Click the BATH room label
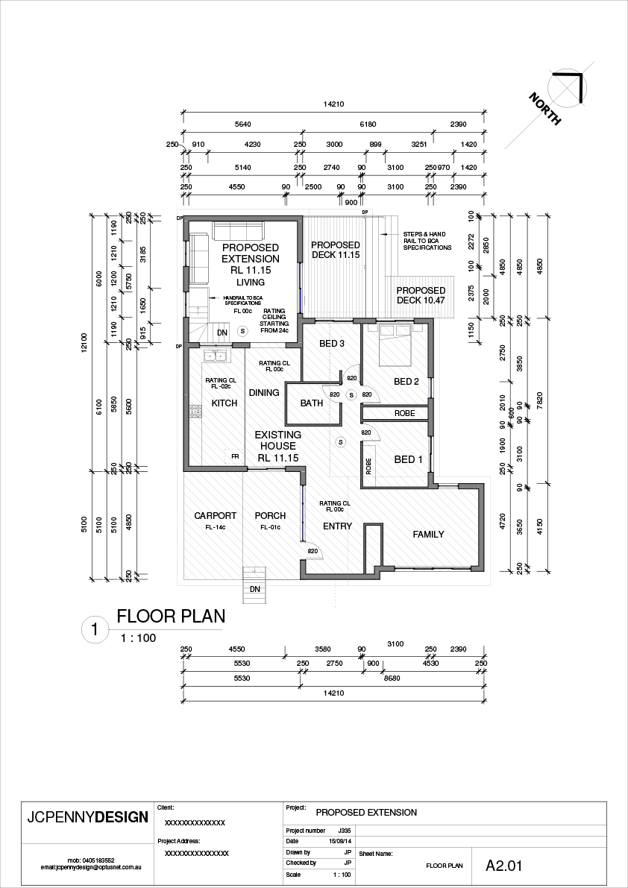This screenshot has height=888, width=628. (312, 403)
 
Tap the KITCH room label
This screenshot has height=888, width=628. (224, 403)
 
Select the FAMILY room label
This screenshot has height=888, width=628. (429, 534)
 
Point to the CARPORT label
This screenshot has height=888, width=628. (215, 516)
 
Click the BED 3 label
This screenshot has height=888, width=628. (332, 344)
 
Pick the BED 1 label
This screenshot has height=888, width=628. (409, 459)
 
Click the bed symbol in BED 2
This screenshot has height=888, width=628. (395, 344)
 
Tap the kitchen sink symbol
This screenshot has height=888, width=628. (215, 356)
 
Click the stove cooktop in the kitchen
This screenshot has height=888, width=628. (196, 411)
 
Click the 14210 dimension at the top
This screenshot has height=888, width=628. (333, 105)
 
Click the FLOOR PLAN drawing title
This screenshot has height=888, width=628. (171, 617)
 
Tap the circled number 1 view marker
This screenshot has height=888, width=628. (94, 630)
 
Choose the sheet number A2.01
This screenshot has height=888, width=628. (503, 866)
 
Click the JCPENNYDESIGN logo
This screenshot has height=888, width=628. (87, 816)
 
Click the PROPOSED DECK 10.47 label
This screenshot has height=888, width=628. (421, 295)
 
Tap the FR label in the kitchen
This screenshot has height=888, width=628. (234, 456)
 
